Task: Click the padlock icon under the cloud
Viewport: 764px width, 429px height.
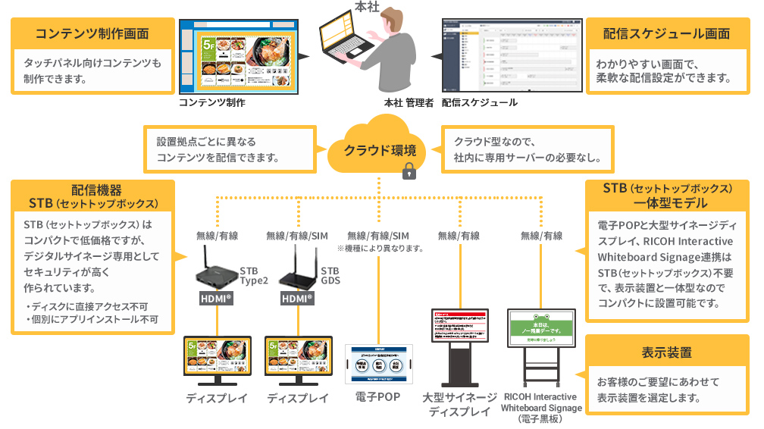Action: point(409,171)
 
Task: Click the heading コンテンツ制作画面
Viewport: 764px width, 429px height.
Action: point(92,34)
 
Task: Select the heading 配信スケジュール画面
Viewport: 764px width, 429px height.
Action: point(667,34)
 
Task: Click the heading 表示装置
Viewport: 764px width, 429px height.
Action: point(667,353)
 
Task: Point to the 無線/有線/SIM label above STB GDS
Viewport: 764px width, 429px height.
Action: point(297,236)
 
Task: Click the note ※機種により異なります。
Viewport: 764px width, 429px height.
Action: point(379,248)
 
